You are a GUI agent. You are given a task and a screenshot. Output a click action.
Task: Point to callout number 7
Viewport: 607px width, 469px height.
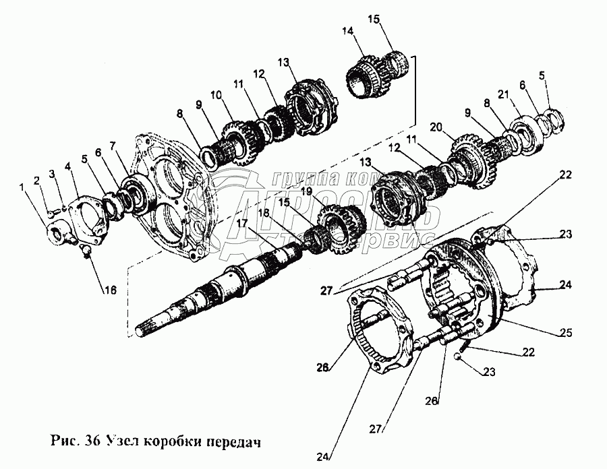pos(113,146)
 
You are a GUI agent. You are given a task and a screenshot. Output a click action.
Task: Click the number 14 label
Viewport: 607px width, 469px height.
pos(348,31)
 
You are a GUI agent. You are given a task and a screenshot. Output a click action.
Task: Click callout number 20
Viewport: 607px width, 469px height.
pos(436,126)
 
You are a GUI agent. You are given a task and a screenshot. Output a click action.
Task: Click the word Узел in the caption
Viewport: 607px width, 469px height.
pos(129,442)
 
